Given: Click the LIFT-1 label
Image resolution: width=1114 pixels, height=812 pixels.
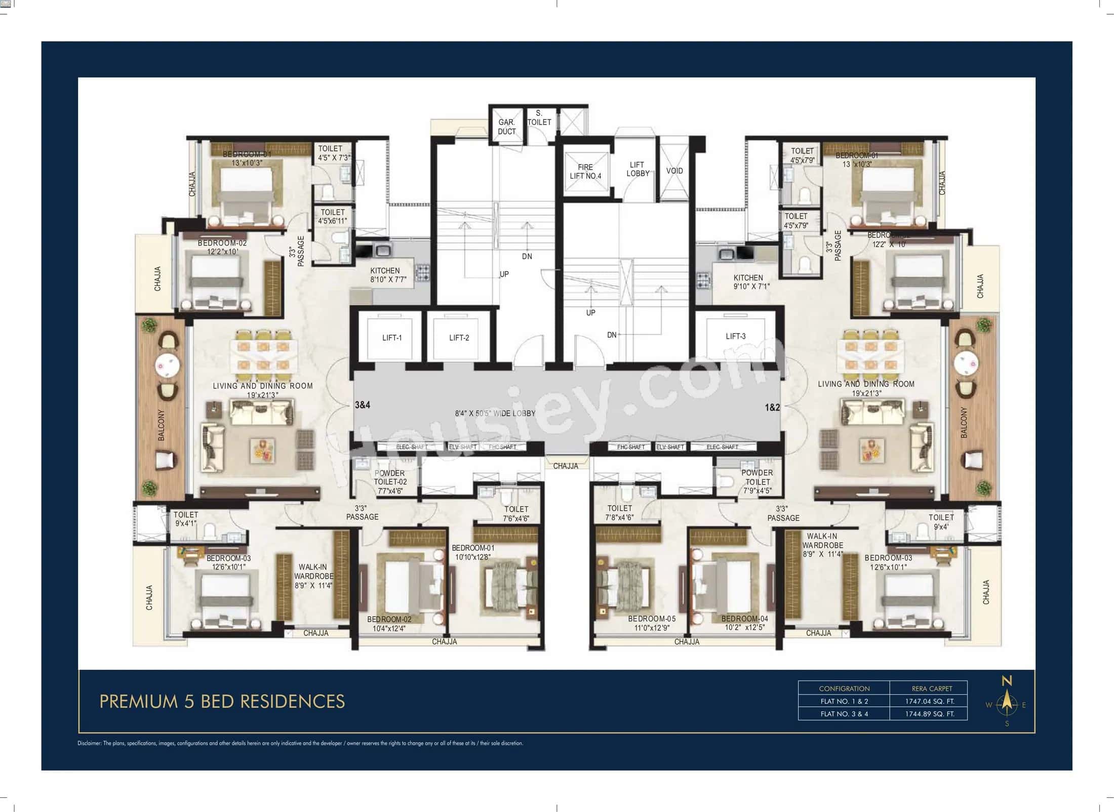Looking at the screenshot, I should click(x=391, y=338).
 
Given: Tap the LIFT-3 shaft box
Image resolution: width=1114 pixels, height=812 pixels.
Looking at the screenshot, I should click(x=735, y=336).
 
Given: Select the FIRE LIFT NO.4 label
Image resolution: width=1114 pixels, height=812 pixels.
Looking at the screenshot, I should click(x=585, y=172).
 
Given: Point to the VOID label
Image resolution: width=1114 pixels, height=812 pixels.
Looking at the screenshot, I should click(x=674, y=171).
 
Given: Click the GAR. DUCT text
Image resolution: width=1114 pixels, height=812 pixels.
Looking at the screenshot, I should click(x=506, y=127).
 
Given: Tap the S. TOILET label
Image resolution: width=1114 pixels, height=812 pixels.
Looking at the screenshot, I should click(x=539, y=118).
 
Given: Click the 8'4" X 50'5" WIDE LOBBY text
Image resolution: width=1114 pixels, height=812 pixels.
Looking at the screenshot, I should click(x=495, y=414).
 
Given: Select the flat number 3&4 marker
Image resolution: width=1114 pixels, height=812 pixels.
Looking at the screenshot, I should click(x=363, y=405).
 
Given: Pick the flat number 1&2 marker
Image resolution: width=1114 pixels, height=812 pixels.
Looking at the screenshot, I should click(x=772, y=407).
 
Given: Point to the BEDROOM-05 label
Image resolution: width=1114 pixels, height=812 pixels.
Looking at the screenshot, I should click(x=652, y=619).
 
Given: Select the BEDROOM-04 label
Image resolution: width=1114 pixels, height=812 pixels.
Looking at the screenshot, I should click(x=744, y=619).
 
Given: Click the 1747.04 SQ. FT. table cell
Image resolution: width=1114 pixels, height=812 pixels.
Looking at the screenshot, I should click(x=929, y=701).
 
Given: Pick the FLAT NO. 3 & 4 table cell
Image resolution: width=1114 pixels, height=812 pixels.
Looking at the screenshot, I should click(x=844, y=714).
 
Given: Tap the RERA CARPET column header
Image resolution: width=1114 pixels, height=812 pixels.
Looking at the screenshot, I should click(x=932, y=688).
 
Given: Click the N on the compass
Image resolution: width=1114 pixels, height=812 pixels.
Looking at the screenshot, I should click(x=1007, y=681).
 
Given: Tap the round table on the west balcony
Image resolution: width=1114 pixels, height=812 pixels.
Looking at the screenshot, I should click(x=167, y=363).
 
